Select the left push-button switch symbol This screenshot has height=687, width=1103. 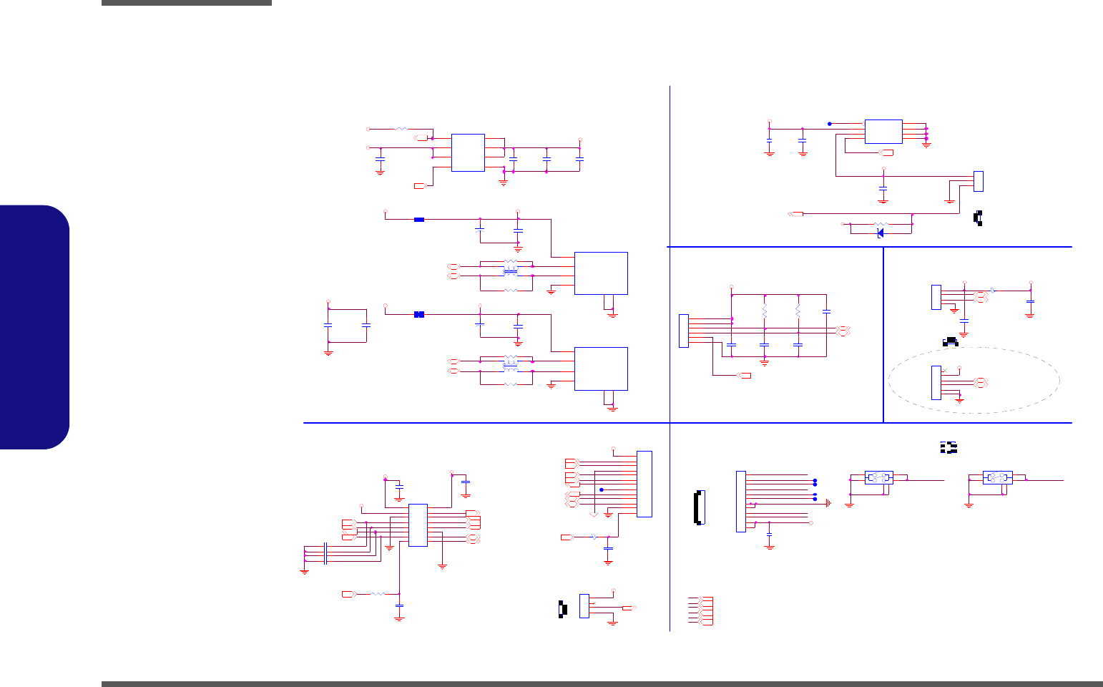tap(878, 477)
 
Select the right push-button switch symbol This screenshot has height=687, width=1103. tap(997, 477)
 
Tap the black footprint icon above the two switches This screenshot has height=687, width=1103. tap(948, 447)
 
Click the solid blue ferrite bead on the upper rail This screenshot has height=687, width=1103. tap(419, 220)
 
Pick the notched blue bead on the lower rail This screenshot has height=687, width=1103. tap(419, 314)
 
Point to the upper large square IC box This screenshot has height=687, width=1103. tap(601, 273)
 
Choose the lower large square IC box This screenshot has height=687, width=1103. tap(601, 369)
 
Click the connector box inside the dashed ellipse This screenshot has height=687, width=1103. tap(936, 382)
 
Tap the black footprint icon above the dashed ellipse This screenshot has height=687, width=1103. tap(951, 342)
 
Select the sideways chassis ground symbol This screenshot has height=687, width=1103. tap(828, 503)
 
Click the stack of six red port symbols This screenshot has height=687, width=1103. tap(701, 610)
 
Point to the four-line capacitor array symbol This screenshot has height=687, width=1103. tap(326, 552)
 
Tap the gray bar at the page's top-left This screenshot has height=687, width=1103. tap(187, 3)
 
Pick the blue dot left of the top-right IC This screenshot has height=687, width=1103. tap(830, 123)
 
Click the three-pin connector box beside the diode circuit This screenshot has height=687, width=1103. tap(979, 181)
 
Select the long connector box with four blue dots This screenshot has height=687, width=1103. tap(740, 501)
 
